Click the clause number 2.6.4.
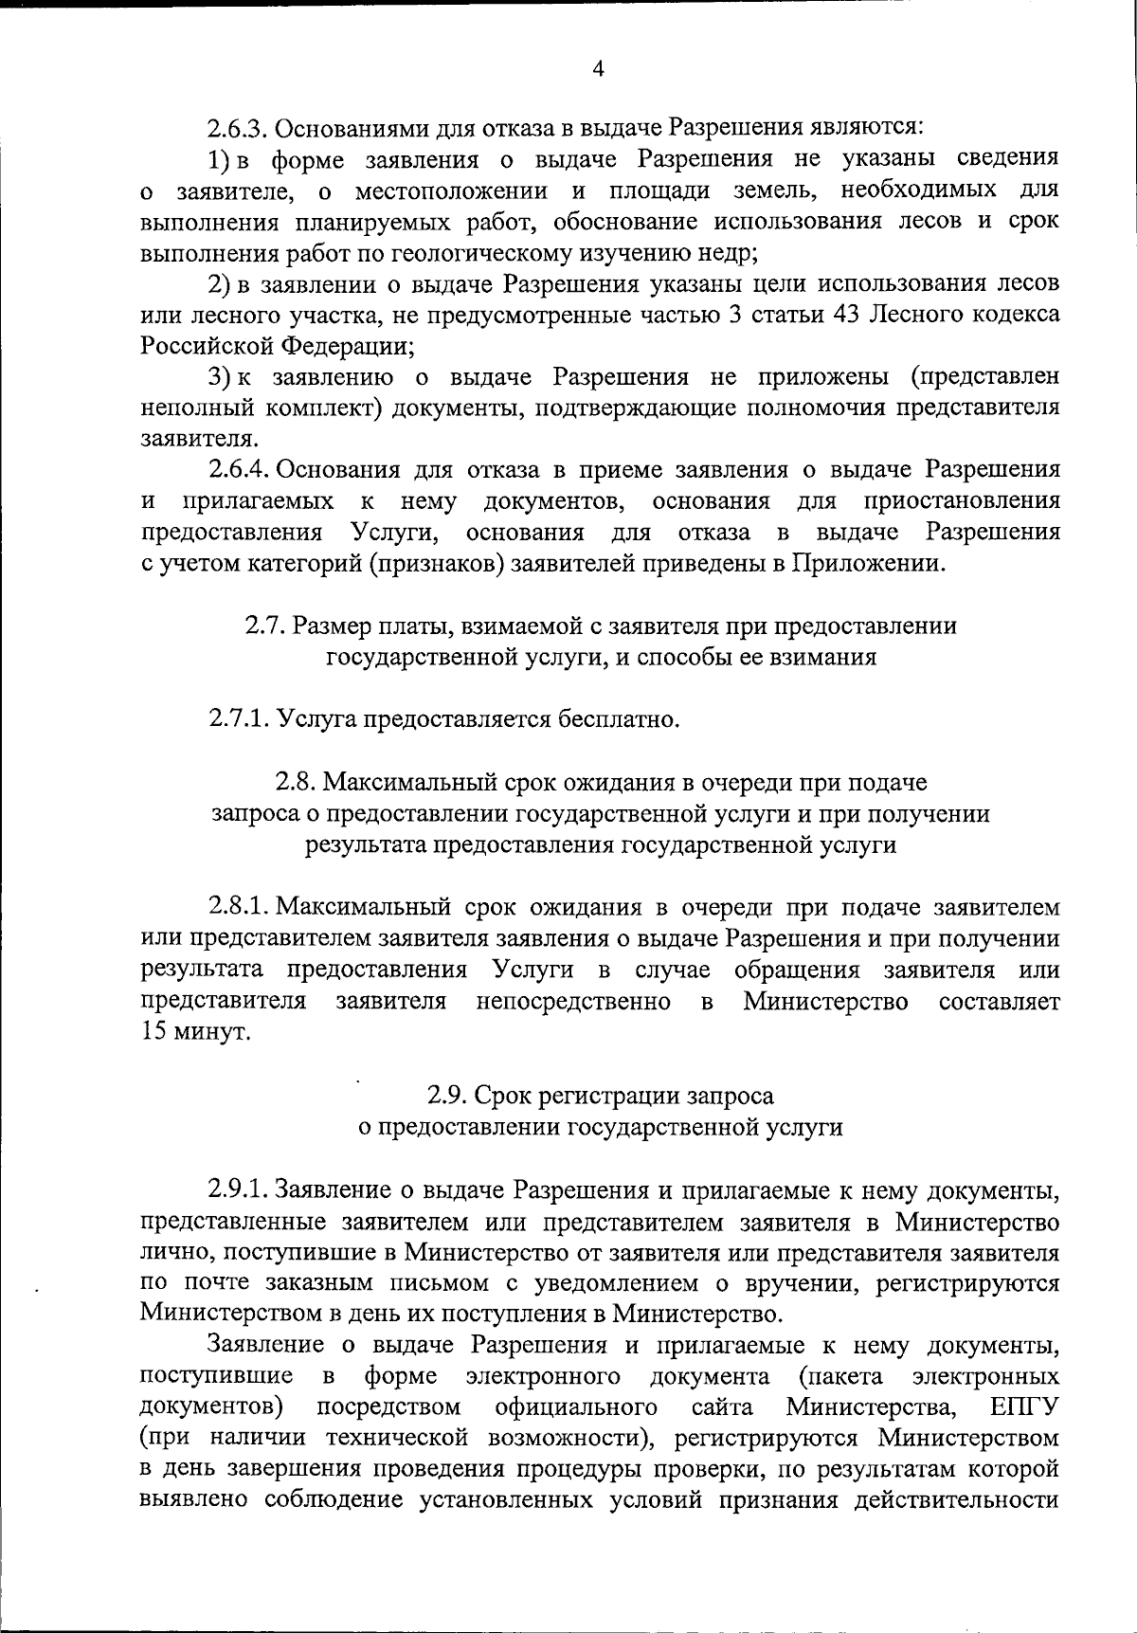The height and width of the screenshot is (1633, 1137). (x=240, y=470)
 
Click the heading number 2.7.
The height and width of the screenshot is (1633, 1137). (x=264, y=626)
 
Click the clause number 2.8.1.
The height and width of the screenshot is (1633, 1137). (x=239, y=908)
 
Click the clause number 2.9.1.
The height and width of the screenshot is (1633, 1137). (x=239, y=1189)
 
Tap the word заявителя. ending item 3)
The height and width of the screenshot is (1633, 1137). (x=186, y=440)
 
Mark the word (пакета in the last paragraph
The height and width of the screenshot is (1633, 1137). (x=840, y=1374)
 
